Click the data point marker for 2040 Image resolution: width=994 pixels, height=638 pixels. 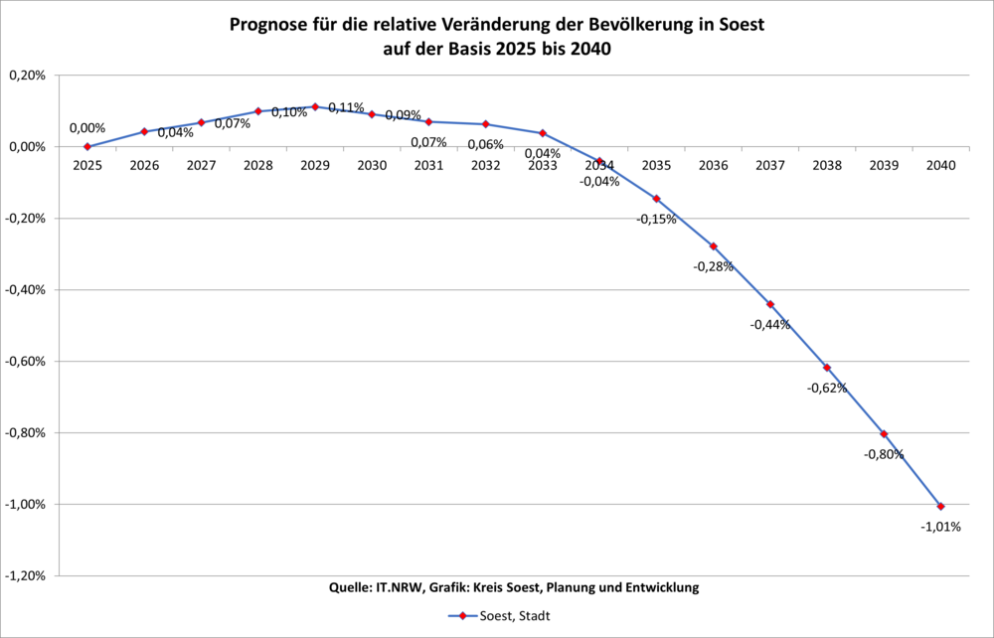pyautogui.click(x=940, y=507)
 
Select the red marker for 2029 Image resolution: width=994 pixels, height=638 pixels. pyautogui.click(x=315, y=106)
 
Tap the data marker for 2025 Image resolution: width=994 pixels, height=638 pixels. pyautogui.click(x=87, y=146)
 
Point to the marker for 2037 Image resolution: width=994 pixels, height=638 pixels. pyautogui.click(x=769, y=304)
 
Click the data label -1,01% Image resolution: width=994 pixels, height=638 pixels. pyautogui.click(x=940, y=527)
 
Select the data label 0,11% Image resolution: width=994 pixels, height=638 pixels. pyautogui.click(x=346, y=107)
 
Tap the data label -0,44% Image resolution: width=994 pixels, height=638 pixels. pyautogui.click(x=769, y=324)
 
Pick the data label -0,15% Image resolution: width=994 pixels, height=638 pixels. pyautogui.click(x=656, y=219)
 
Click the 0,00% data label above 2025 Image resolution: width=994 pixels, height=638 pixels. pyautogui.click(x=87, y=128)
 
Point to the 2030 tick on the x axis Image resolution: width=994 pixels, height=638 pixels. pyautogui.click(x=372, y=166)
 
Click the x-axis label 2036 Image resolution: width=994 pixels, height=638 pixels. pyautogui.click(x=713, y=166)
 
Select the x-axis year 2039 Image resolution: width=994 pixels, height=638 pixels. pyautogui.click(x=884, y=166)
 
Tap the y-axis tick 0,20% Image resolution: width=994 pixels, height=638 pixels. pyautogui.click(x=27, y=76)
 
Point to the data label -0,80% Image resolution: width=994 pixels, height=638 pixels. pyautogui.click(x=884, y=454)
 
